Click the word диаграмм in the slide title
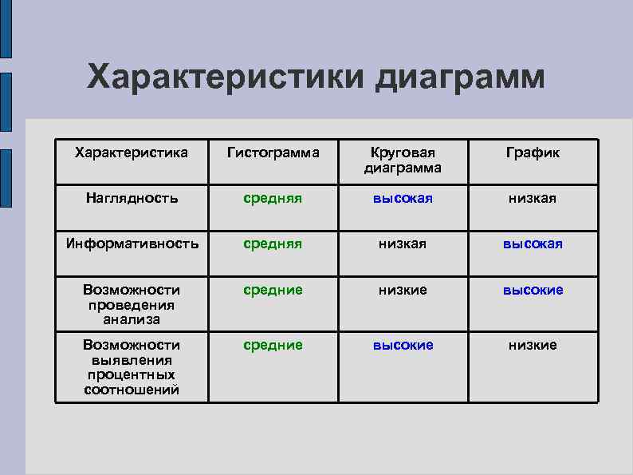click(461, 78)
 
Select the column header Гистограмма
click(273, 152)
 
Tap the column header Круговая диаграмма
click(403, 160)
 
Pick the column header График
click(533, 152)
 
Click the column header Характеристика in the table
click(131, 152)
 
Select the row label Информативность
click(132, 243)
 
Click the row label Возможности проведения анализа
click(132, 304)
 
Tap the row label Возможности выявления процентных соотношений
click(132, 367)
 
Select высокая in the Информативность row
click(533, 243)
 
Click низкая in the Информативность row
click(403, 243)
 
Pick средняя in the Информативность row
click(273, 243)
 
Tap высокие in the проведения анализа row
click(533, 290)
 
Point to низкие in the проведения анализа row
click(403, 290)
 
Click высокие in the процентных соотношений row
click(403, 345)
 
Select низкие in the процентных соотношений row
click(533, 345)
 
